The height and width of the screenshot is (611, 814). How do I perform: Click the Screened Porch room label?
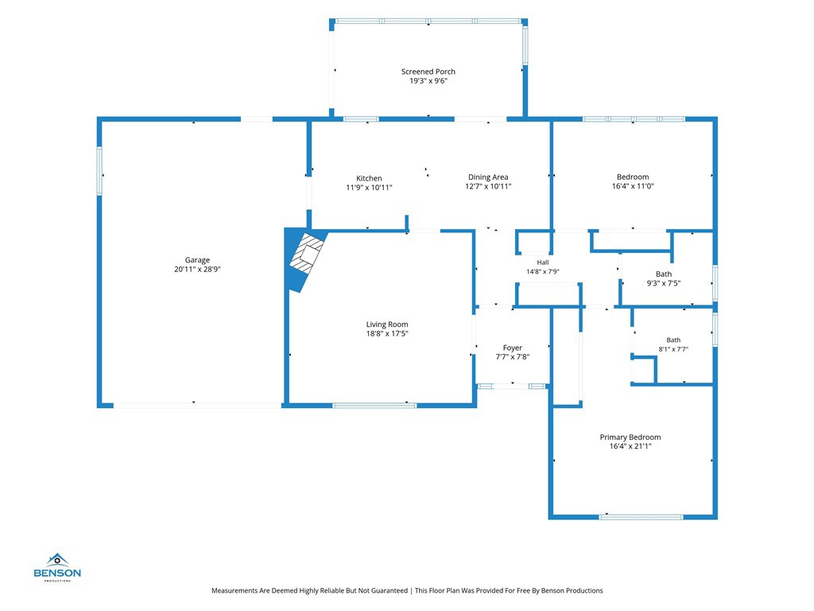click(x=428, y=72)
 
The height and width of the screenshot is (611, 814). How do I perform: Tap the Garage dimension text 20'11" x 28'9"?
click(x=197, y=269)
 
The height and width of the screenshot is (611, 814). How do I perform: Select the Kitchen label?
click(x=369, y=178)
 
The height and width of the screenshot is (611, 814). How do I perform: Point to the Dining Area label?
click(x=488, y=177)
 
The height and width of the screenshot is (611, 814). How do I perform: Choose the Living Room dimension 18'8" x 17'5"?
click(x=387, y=333)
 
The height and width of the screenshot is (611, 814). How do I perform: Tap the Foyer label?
click(x=513, y=348)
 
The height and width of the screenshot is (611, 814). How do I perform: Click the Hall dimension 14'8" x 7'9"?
click(x=542, y=271)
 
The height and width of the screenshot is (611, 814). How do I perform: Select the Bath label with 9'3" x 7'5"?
click(x=664, y=274)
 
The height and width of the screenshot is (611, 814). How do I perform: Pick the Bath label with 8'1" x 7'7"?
click(x=673, y=340)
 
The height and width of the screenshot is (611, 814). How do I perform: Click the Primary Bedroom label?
click(x=630, y=437)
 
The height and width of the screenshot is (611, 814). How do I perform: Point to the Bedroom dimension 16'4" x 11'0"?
click(x=633, y=186)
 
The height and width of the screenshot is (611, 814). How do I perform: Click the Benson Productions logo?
click(x=57, y=567)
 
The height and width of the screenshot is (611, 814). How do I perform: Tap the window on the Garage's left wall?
click(x=99, y=171)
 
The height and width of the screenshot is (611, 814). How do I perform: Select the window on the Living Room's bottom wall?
click(x=374, y=405)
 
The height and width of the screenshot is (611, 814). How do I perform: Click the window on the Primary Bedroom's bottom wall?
click(x=642, y=517)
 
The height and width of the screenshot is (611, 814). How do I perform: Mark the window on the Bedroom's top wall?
click(x=634, y=119)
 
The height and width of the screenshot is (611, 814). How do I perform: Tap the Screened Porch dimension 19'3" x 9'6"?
click(x=428, y=81)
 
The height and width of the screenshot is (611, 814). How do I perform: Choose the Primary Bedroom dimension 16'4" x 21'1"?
click(x=630, y=446)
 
